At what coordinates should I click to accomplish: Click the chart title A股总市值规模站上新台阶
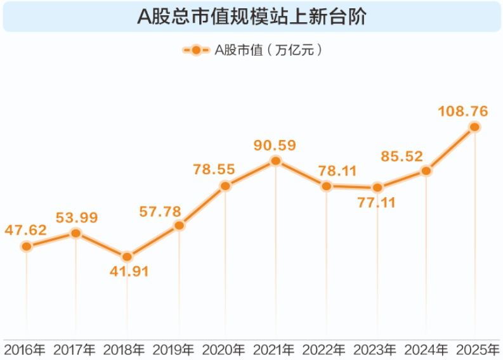click(252, 16)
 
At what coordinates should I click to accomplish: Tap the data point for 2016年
click(26, 246)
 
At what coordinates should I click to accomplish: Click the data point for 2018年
click(127, 257)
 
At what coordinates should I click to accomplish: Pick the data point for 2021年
click(275, 161)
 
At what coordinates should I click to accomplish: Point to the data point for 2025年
click(474, 127)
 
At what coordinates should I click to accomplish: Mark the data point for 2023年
click(377, 188)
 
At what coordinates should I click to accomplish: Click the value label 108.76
click(462, 112)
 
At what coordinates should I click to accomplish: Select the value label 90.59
click(275, 145)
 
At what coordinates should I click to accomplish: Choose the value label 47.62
click(26, 230)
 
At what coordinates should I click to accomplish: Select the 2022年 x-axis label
click(323, 349)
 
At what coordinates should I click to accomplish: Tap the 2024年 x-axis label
click(425, 349)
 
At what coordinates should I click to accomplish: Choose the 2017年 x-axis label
click(74, 349)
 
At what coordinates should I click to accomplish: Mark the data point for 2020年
click(225, 186)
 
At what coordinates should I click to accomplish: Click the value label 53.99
click(77, 218)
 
